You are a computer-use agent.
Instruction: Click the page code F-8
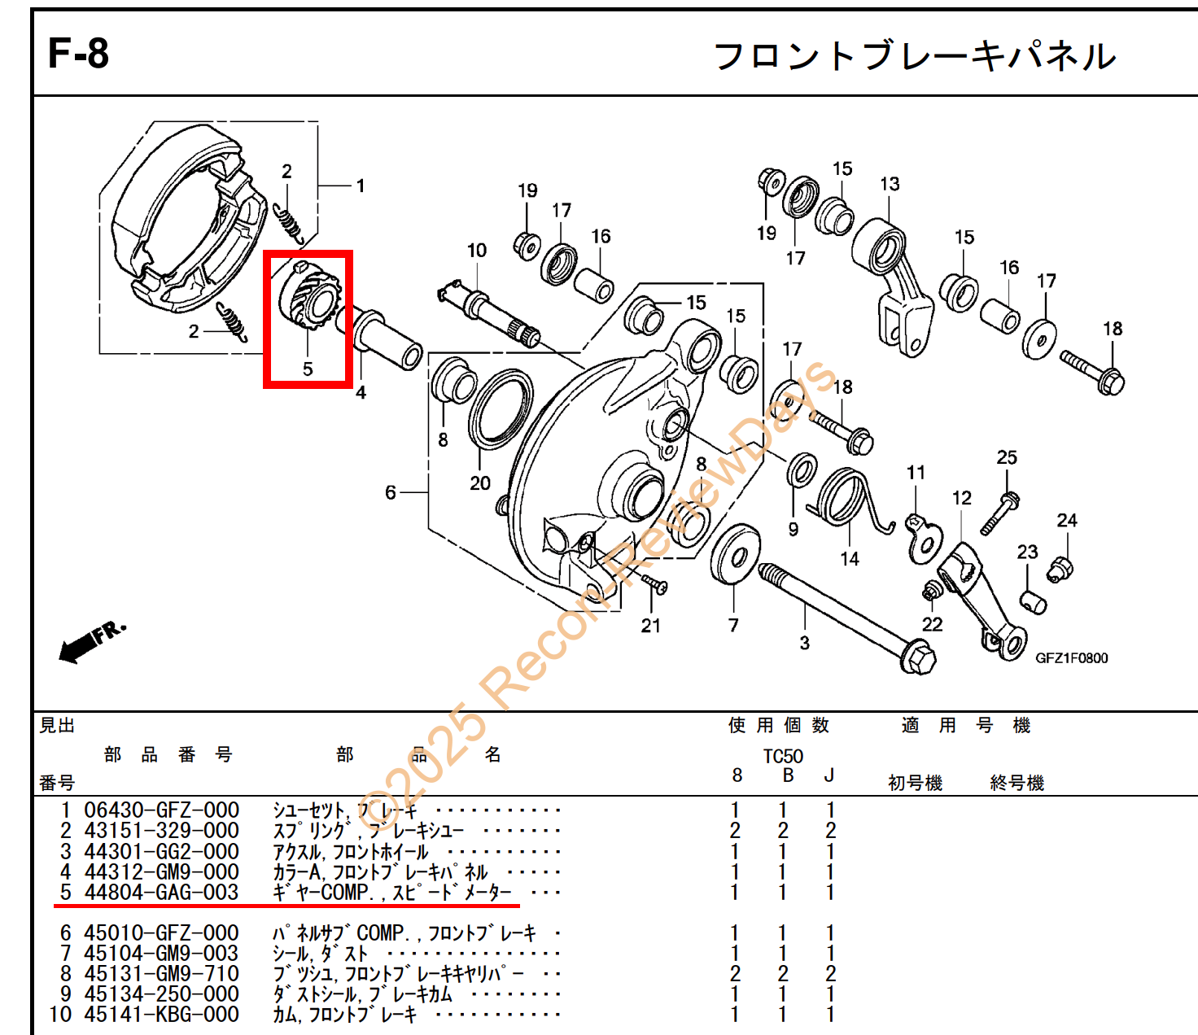[78, 54]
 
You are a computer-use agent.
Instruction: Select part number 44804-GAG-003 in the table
[161, 893]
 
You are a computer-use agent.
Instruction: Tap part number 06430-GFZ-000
[161, 810]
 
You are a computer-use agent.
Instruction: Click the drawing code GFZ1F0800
[1072, 658]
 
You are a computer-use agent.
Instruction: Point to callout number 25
[1007, 458]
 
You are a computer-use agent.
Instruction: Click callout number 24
[1067, 521]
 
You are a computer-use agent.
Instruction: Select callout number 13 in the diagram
[890, 184]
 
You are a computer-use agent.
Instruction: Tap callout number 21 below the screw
[650, 626]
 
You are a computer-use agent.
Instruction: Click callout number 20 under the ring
[480, 483]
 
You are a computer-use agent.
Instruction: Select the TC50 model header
[782, 756]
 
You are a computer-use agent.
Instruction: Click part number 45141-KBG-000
[161, 1015]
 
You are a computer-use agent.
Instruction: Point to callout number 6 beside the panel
[391, 492]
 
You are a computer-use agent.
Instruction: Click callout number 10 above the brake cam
[477, 251]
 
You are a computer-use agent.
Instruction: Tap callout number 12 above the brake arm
[961, 498]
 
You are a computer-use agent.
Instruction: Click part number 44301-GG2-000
[161, 851]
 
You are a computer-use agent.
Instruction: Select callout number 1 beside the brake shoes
[361, 186]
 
